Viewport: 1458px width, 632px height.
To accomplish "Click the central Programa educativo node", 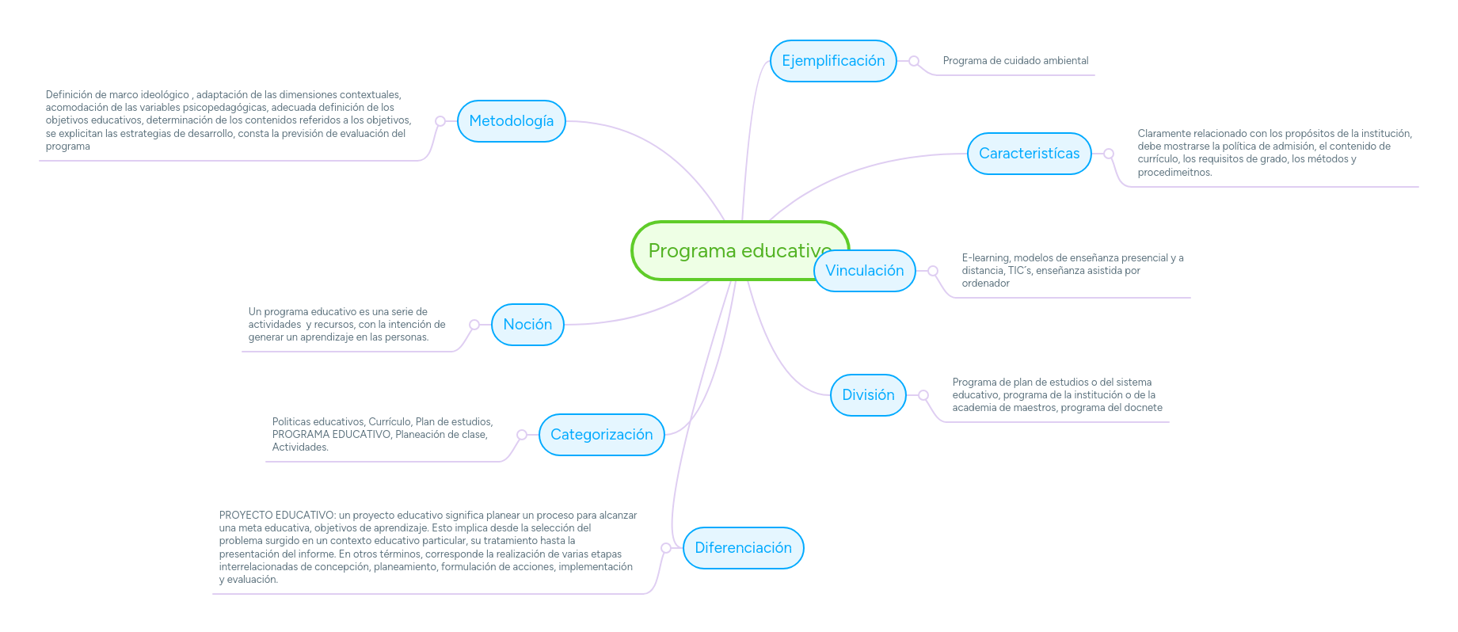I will pos(721,250).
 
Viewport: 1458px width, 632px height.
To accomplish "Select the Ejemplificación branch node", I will pos(833,61).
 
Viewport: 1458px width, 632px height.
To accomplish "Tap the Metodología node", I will pos(512,121).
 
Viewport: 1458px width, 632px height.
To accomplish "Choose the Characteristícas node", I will pos(1029,154).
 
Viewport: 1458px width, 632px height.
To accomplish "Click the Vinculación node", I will pos(865,271).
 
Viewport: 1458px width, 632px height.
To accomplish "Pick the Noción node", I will pos(527,325).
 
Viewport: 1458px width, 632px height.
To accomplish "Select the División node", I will pos(868,395).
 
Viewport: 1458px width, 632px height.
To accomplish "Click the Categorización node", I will pos(602,435).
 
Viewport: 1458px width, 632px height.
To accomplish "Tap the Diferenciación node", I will pos(743,548).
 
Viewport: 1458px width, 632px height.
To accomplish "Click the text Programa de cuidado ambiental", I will pos(1015,61).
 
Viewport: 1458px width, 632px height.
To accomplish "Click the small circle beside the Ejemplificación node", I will pos(914,61).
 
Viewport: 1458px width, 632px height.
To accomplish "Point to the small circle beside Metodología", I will pos(440,121).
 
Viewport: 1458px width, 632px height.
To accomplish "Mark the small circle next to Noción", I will pos(474,325).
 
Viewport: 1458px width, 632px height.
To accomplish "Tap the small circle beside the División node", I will pos(923,395).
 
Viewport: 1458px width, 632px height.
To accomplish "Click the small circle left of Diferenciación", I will pos(666,548).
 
